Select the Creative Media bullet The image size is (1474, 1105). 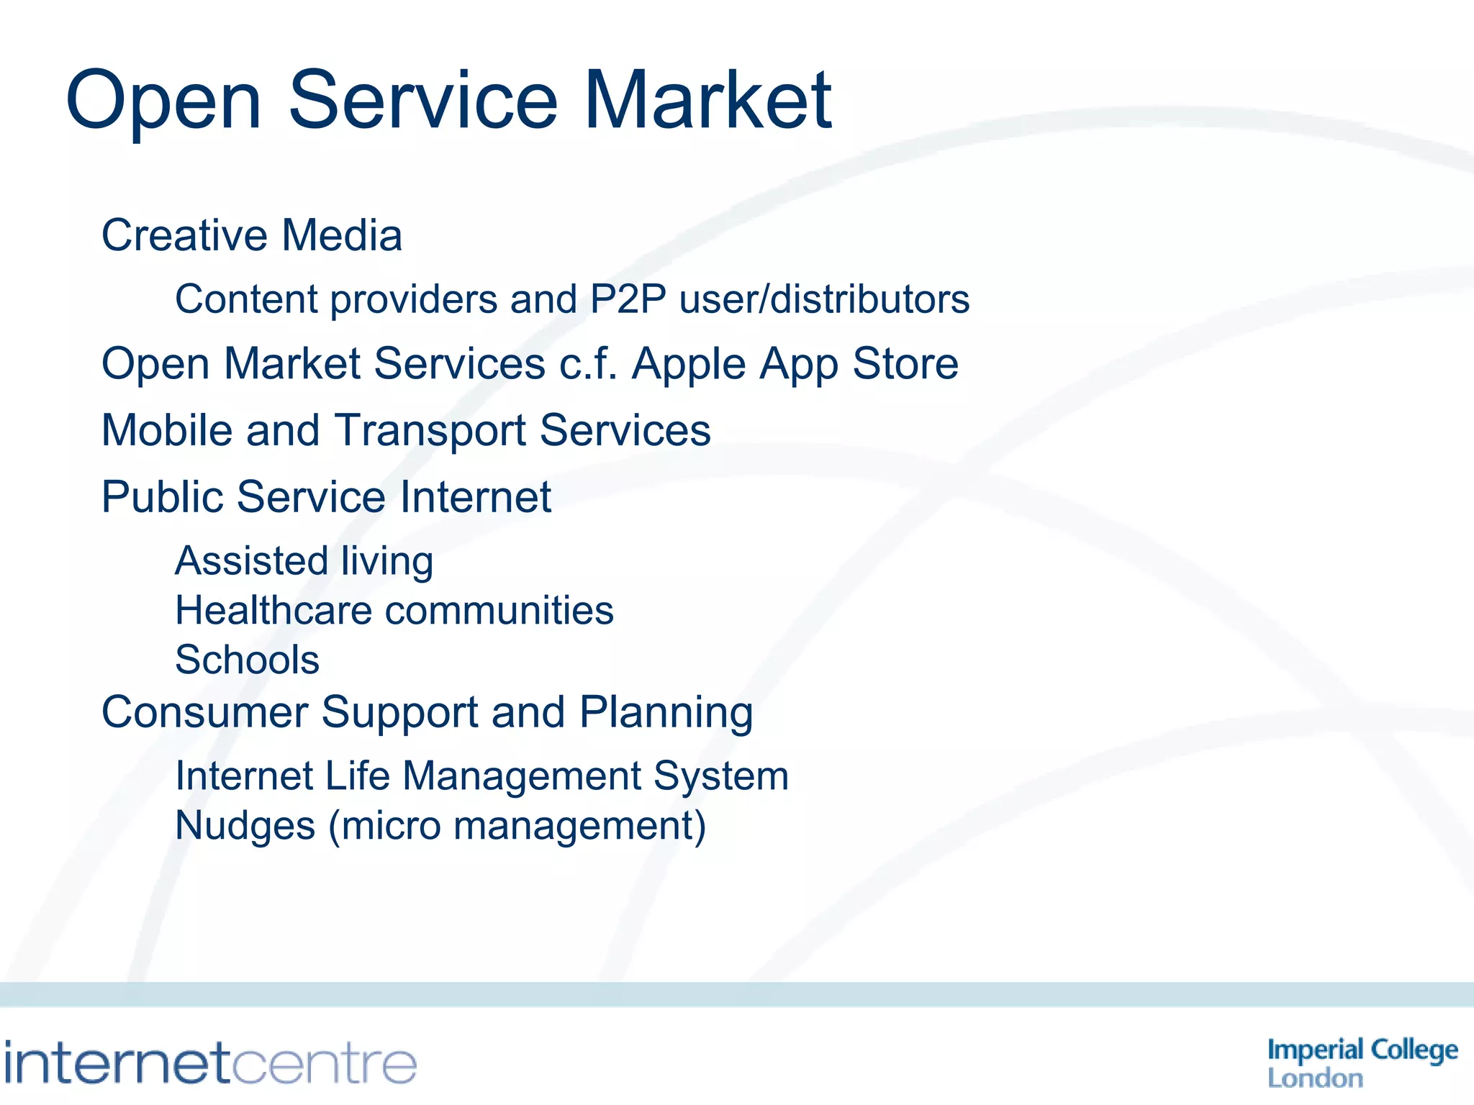point(251,235)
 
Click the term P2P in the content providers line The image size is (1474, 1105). point(628,299)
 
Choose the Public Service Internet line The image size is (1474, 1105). point(326,497)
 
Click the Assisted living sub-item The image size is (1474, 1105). point(304,561)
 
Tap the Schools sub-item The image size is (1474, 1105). point(247,660)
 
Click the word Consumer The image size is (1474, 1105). point(204,713)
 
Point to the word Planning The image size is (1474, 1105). point(666,713)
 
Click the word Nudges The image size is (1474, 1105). point(245,826)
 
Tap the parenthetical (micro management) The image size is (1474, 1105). point(517,826)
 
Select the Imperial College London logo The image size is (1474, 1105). point(1362,1063)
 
